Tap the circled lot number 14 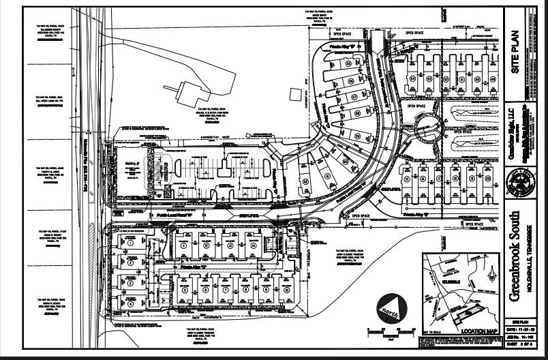pos(253,245)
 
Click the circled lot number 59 pos(357,136)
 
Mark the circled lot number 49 pos(493,80)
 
